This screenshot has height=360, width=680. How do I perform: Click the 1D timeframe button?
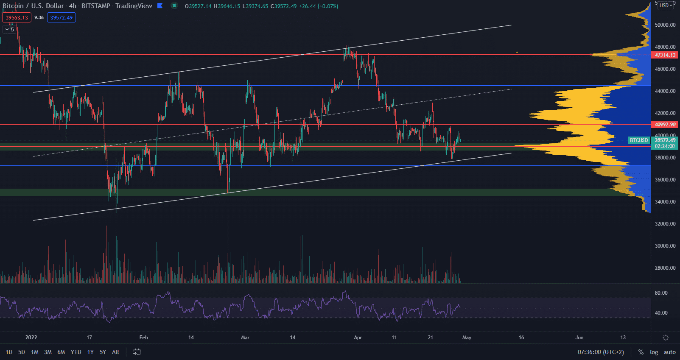point(9,352)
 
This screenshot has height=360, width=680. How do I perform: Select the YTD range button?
point(76,352)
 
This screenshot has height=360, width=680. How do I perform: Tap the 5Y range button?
point(103,352)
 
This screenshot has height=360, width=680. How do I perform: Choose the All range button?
point(115,352)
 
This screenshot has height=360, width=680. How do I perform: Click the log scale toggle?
point(654,352)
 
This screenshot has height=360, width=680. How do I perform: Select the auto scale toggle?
point(670,352)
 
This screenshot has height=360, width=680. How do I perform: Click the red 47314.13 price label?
point(665,55)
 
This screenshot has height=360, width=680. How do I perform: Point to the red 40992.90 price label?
point(665,125)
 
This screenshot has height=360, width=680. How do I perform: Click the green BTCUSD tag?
point(638,140)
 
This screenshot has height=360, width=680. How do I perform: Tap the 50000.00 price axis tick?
point(665,25)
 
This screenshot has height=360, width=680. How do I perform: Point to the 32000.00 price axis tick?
point(665,224)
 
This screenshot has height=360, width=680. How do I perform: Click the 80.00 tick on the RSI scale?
point(661,293)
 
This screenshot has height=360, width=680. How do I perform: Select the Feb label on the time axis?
point(144,338)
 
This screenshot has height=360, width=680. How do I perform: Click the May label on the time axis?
point(467,338)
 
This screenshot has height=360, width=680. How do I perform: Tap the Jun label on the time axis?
point(579,338)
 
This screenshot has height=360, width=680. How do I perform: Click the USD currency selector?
point(666,6)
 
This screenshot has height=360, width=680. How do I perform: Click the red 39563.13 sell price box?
point(17,18)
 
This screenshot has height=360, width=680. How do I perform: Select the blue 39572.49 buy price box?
point(62,18)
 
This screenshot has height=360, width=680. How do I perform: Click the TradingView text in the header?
point(134,6)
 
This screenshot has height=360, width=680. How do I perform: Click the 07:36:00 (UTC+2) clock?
point(601,352)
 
